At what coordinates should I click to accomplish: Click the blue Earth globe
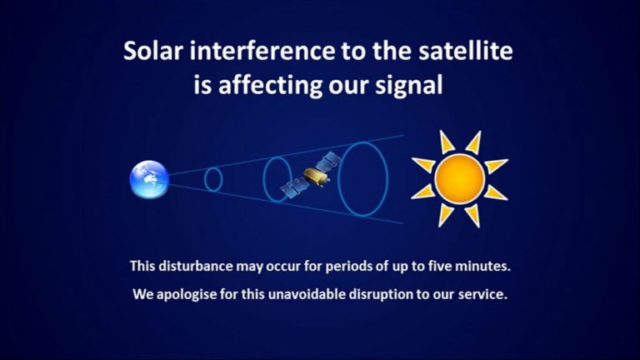click(x=149, y=178)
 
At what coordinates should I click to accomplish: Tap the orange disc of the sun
click(x=459, y=177)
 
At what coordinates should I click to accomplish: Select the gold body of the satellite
click(x=315, y=176)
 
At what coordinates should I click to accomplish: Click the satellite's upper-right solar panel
click(x=331, y=160)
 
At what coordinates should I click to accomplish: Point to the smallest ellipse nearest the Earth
click(x=213, y=179)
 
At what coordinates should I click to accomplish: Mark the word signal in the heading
click(x=407, y=85)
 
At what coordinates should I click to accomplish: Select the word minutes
click(x=481, y=267)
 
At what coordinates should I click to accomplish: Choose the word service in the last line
click(x=482, y=295)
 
